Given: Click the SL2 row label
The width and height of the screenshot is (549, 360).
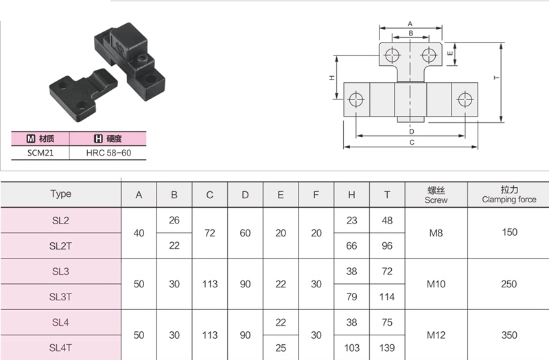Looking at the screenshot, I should pyautogui.click(x=60, y=220).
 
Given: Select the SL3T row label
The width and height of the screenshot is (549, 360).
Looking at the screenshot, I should pyautogui.click(x=60, y=296).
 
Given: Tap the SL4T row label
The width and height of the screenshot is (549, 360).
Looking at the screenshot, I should pyautogui.click(x=60, y=348).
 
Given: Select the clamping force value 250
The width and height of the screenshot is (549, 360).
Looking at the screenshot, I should pyautogui.click(x=509, y=284).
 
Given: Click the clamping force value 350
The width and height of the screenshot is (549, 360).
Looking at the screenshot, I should pyautogui.click(x=509, y=335).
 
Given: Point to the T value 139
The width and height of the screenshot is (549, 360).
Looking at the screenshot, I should pyautogui.click(x=388, y=348).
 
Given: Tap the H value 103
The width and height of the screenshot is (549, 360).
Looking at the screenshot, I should pyautogui.click(x=352, y=348).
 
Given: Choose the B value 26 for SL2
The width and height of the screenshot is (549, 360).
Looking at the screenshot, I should pyautogui.click(x=174, y=220).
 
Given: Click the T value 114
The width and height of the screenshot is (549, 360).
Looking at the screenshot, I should pyautogui.click(x=388, y=296).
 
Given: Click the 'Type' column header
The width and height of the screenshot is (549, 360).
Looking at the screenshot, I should pyautogui.click(x=60, y=194).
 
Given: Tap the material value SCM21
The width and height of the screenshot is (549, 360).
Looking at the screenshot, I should pyautogui.click(x=40, y=153).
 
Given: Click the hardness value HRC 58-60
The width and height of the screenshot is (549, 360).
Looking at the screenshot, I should pyautogui.click(x=108, y=153).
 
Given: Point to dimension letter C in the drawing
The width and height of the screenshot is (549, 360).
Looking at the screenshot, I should pyautogui.click(x=411, y=143).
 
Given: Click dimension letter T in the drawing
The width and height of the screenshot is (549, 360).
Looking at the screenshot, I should pyautogui.click(x=496, y=79).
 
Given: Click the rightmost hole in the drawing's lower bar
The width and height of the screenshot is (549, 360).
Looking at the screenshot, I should pyautogui.click(x=465, y=99).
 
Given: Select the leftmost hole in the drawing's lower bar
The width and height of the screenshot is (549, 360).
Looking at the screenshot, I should pyautogui.click(x=355, y=99).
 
